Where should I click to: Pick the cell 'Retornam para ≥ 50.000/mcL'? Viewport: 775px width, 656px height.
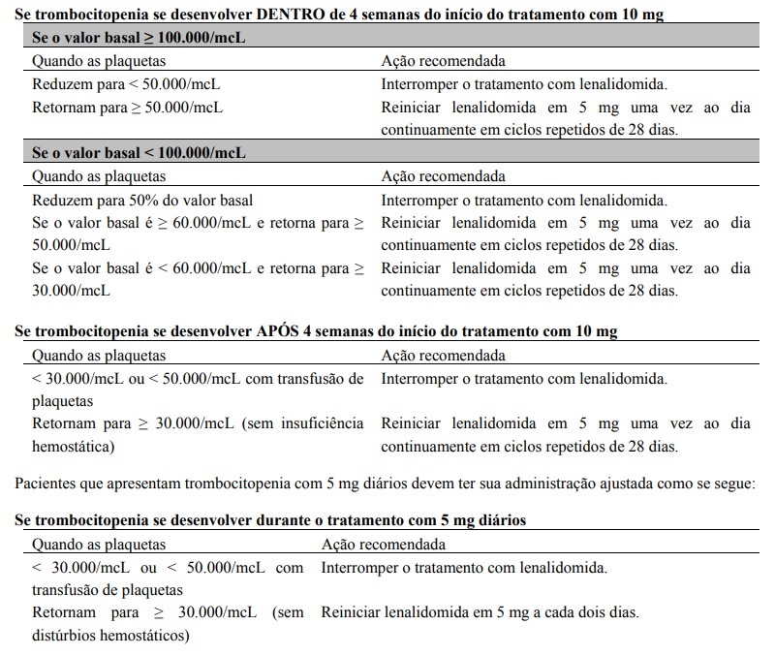pos(127,107)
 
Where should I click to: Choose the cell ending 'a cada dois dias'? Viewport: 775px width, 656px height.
pos(480,613)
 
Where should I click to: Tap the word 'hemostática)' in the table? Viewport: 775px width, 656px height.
pos(74,448)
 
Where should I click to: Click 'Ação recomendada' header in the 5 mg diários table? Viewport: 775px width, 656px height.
pos(383,544)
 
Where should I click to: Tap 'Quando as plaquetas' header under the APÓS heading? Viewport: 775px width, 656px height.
pos(100,356)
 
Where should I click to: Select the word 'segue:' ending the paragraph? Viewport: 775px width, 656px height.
pos(730,484)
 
